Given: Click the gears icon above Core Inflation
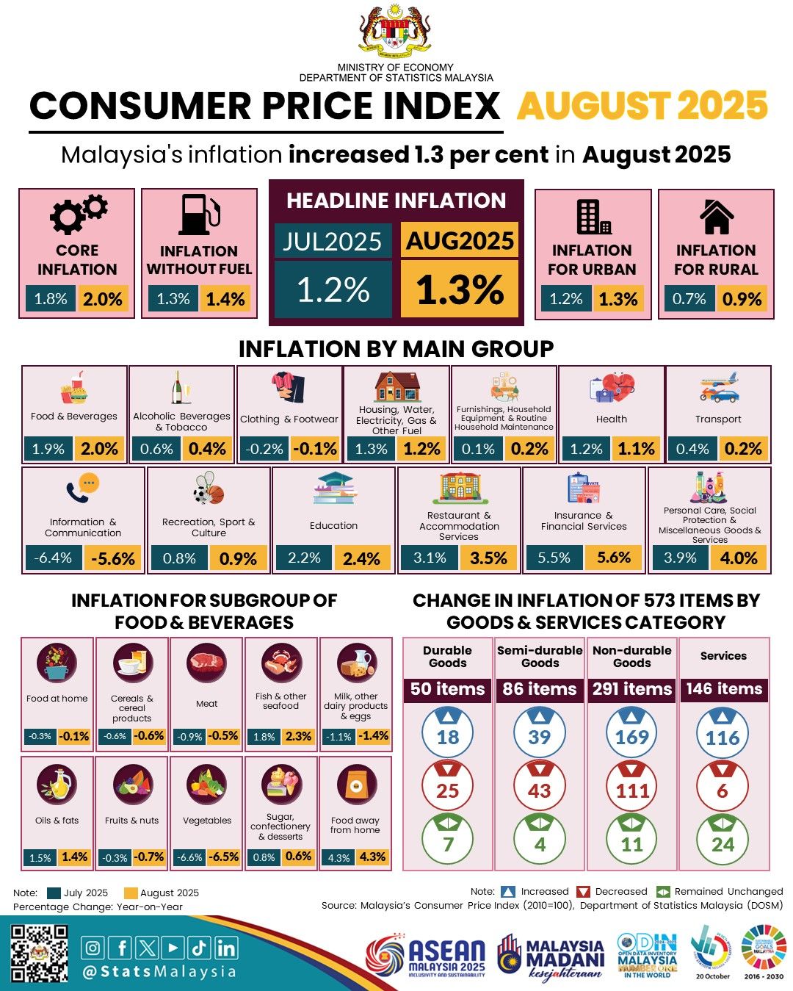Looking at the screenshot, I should coord(78,214).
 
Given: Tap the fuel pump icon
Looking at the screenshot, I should coord(199,215).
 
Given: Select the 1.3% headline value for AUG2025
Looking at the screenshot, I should coord(460,290).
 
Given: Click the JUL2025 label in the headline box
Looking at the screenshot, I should coord(333,242).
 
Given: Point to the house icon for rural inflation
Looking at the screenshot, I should coord(716,216).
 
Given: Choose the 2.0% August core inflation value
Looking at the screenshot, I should coord(103,299).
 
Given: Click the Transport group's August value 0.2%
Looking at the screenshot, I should coord(743,449).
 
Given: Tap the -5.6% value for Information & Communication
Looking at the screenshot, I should coord(113,558).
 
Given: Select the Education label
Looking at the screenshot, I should coord(333,526).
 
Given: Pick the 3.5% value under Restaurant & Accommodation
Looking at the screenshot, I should coord(488,558).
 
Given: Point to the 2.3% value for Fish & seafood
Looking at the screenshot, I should coord(298,736).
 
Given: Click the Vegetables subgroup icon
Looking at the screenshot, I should coord(206,785).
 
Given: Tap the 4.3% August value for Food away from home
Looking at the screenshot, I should coord(372,857).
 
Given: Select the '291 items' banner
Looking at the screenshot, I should coord(632,689).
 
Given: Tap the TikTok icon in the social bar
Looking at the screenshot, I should coord(198,948).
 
